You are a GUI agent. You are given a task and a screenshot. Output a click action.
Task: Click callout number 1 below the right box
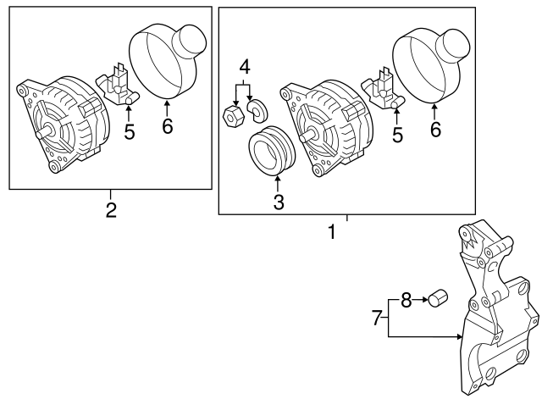point(332,231)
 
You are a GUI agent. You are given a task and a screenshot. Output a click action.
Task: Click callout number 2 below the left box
point(110,209)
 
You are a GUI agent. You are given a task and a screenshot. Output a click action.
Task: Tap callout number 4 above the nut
point(244,66)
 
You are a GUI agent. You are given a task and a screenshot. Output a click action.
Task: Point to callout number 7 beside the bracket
point(377,319)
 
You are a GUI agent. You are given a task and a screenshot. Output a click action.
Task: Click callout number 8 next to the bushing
point(406,299)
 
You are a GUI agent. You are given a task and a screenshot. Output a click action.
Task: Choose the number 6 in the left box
point(167,126)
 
